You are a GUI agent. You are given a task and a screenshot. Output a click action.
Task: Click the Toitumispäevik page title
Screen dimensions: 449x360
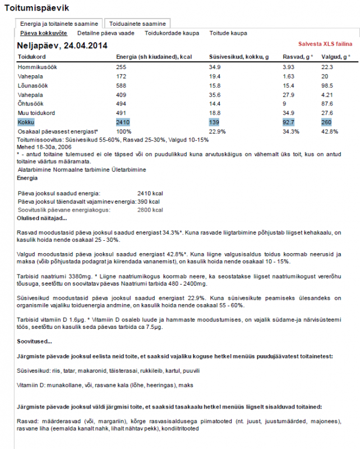coord(36,8)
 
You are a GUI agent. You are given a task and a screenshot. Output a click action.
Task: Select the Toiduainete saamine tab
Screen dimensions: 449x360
coord(137,24)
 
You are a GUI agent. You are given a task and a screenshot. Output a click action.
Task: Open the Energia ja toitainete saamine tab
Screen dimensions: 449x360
coord(59,24)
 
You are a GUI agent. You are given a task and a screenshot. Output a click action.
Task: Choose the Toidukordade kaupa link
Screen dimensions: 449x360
coord(172,34)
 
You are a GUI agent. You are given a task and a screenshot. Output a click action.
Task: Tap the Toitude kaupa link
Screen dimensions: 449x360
coord(228,34)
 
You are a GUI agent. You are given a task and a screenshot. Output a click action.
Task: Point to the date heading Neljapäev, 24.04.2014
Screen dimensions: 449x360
coord(62,45)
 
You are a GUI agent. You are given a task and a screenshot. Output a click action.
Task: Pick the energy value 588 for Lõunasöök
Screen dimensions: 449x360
coord(121,85)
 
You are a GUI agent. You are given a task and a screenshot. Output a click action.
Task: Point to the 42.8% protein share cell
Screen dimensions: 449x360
coord(330,131)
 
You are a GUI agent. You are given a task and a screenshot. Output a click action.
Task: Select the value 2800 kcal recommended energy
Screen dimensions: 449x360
coord(150,210)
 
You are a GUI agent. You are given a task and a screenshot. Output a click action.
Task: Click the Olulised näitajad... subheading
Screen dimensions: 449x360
coord(42,218)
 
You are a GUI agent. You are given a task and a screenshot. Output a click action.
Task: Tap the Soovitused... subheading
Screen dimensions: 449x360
coord(34,341)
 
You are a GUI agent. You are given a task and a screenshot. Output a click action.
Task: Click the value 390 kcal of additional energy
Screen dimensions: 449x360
coord(149,201)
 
